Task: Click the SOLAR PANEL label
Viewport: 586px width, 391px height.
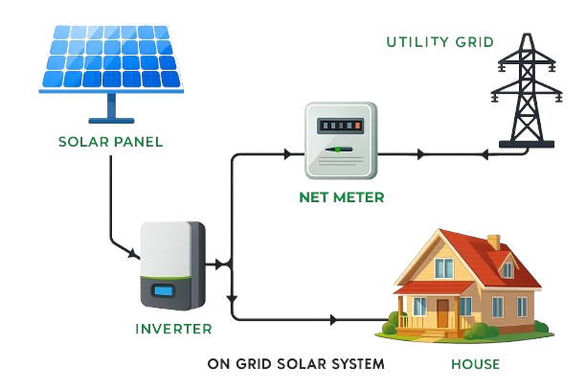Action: click(110, 142)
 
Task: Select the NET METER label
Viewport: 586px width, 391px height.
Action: click(341, 197)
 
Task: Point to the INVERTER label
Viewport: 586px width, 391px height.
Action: click(173, 329)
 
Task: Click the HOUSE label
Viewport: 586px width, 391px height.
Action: click(475, 365)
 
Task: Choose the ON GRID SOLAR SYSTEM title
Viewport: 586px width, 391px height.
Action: click(296, 364)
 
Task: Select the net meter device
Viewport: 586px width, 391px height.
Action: click(341, 142)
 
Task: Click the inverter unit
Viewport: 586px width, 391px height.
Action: click(172, 264)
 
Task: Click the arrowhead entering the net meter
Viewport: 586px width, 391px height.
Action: click(287, 151)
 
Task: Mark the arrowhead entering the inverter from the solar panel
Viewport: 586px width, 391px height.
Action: click(133, 255)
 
